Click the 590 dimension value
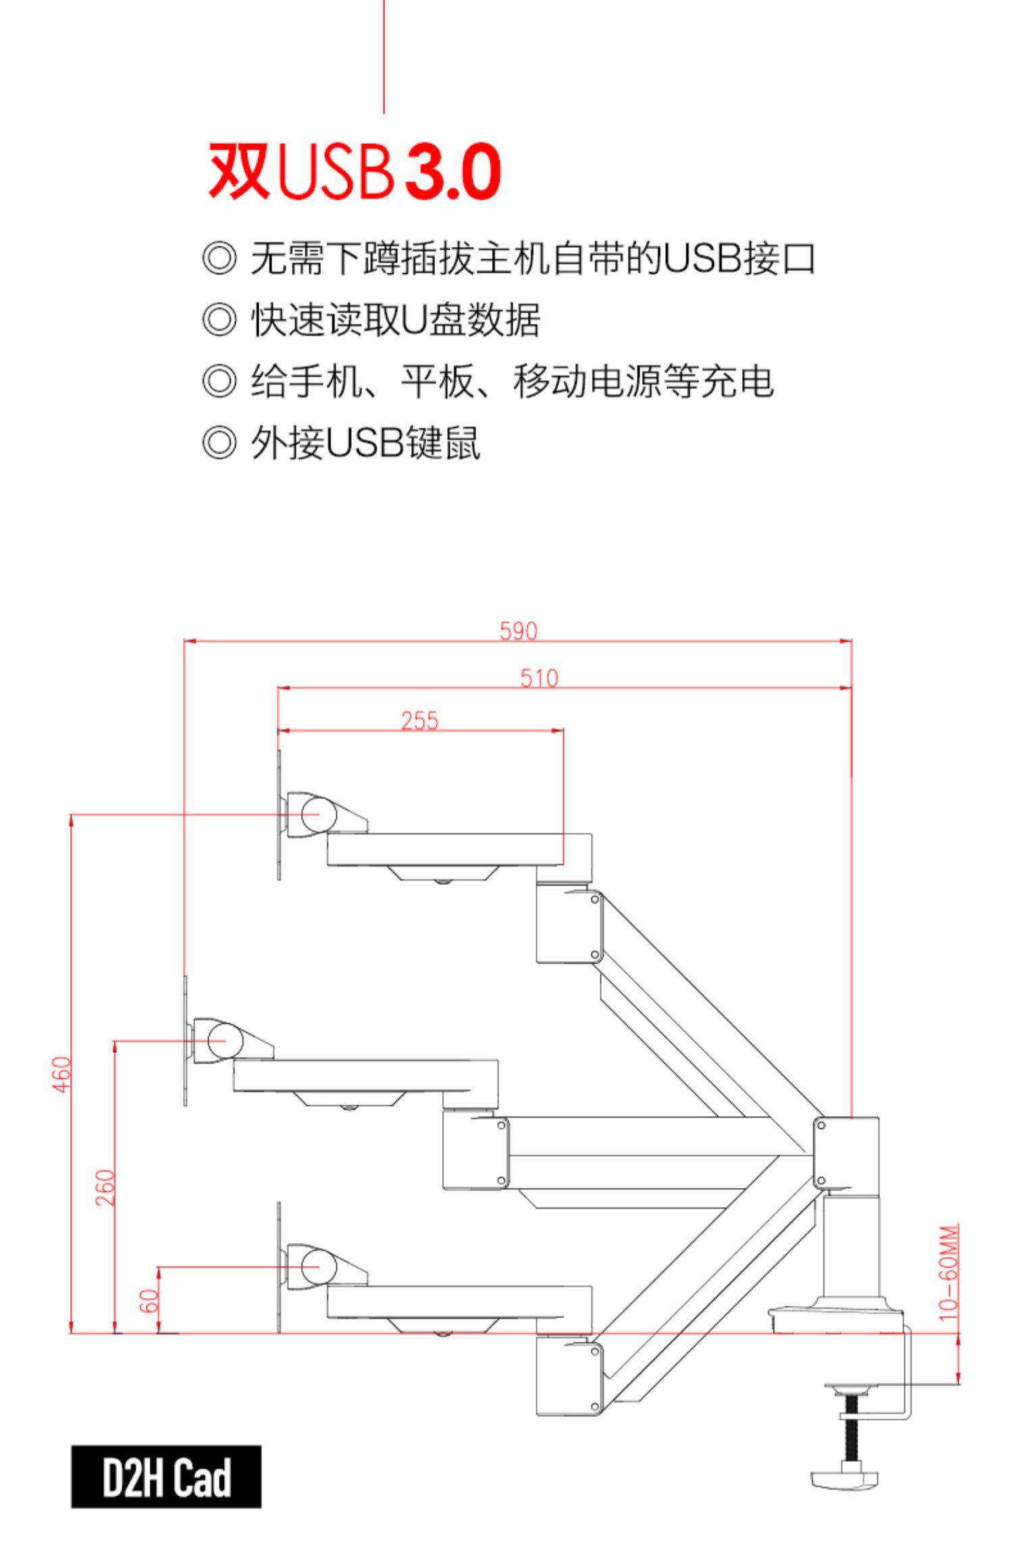[x=518, y=631]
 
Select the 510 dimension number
[x=539, y=677]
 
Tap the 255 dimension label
[x=419, y=721]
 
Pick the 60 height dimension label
[x=149, y=1300]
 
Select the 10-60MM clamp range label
[x=949, y=1269]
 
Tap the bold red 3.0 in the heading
[x=452, y=171]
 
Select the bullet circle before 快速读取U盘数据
[x=219, y=319]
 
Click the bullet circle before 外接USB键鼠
[x=219, y=443]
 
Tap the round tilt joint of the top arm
[x=319, y=814]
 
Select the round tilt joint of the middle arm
[x=225, y=1041]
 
